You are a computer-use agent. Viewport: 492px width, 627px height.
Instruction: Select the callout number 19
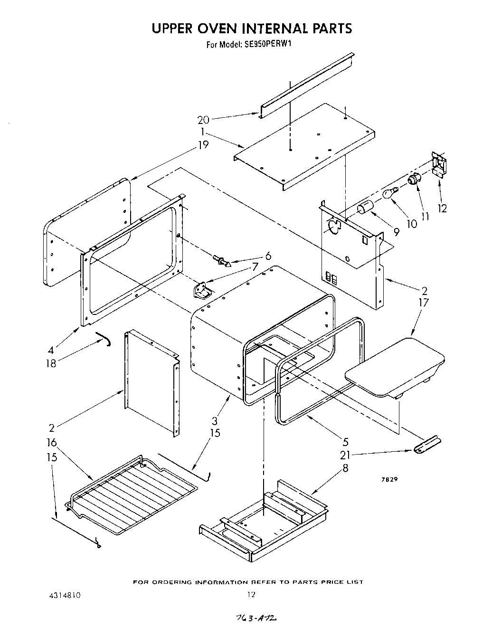pyautogui.click(x=203, y=145)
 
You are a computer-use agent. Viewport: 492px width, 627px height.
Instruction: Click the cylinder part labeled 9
pyautogui.click(x=365, y=207)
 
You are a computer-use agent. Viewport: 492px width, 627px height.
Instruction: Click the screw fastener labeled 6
pyautogui.click(x=221, y=260)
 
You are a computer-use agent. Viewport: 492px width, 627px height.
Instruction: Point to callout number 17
pyautogui.click(x=424, y=302)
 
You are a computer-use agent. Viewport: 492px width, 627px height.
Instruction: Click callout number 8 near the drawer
pyautogui.click(x=345, y=469)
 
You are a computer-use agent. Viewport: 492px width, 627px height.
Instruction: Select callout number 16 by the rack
pyautogui.click(x=51, y=443)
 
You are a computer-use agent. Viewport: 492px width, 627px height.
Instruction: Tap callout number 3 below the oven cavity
pyautogui.click(x=215, y=421)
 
